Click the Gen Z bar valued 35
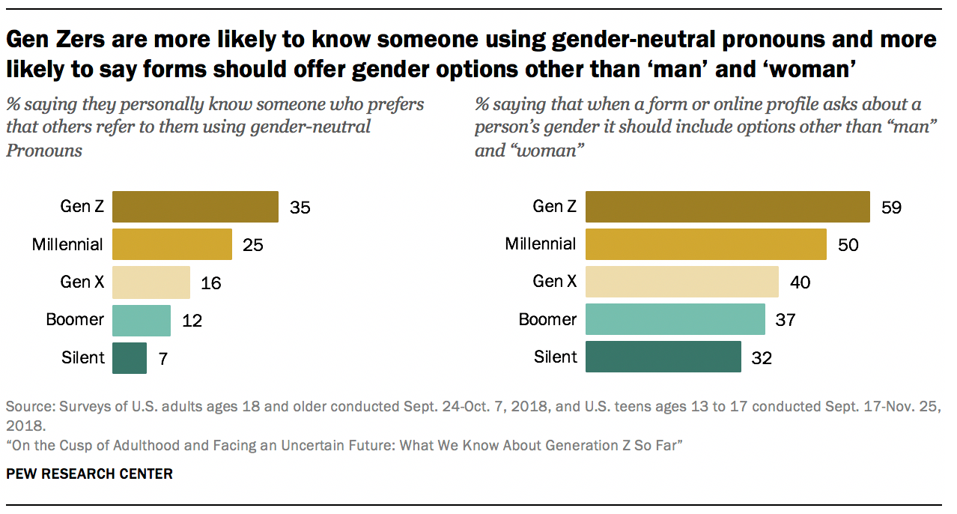coord(195,207)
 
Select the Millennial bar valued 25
coord(171,244)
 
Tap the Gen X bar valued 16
coord(151,282)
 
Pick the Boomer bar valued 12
coord(141,320)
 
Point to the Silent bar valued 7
coord(130,357)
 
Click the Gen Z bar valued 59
coord(727,207)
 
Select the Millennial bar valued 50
coord(705,244)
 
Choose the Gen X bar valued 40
coord(681,282)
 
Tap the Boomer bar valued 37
coord(675,320)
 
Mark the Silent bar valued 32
coord(663,357)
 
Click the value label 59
coord(891,208)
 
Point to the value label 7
coord(162,358)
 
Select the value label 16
coord(210,283)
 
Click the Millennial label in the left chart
coord(67,244)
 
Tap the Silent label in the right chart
coord(555,357)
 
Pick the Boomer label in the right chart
coord(548,320)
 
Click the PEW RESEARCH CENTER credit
coord(89,474)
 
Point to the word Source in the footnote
coord(27,408)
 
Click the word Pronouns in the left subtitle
coord(43,150)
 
